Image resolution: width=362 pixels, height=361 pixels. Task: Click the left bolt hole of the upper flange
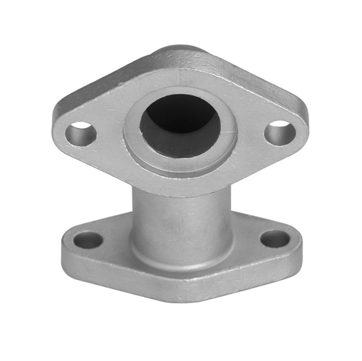click(x=81, y=134)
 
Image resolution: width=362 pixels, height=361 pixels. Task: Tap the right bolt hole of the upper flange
click(x=280, y=133)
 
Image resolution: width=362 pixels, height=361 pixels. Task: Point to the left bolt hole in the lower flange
click(x=88, y=240)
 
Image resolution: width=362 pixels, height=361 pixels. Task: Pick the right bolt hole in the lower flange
click(x=275, y=239)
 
